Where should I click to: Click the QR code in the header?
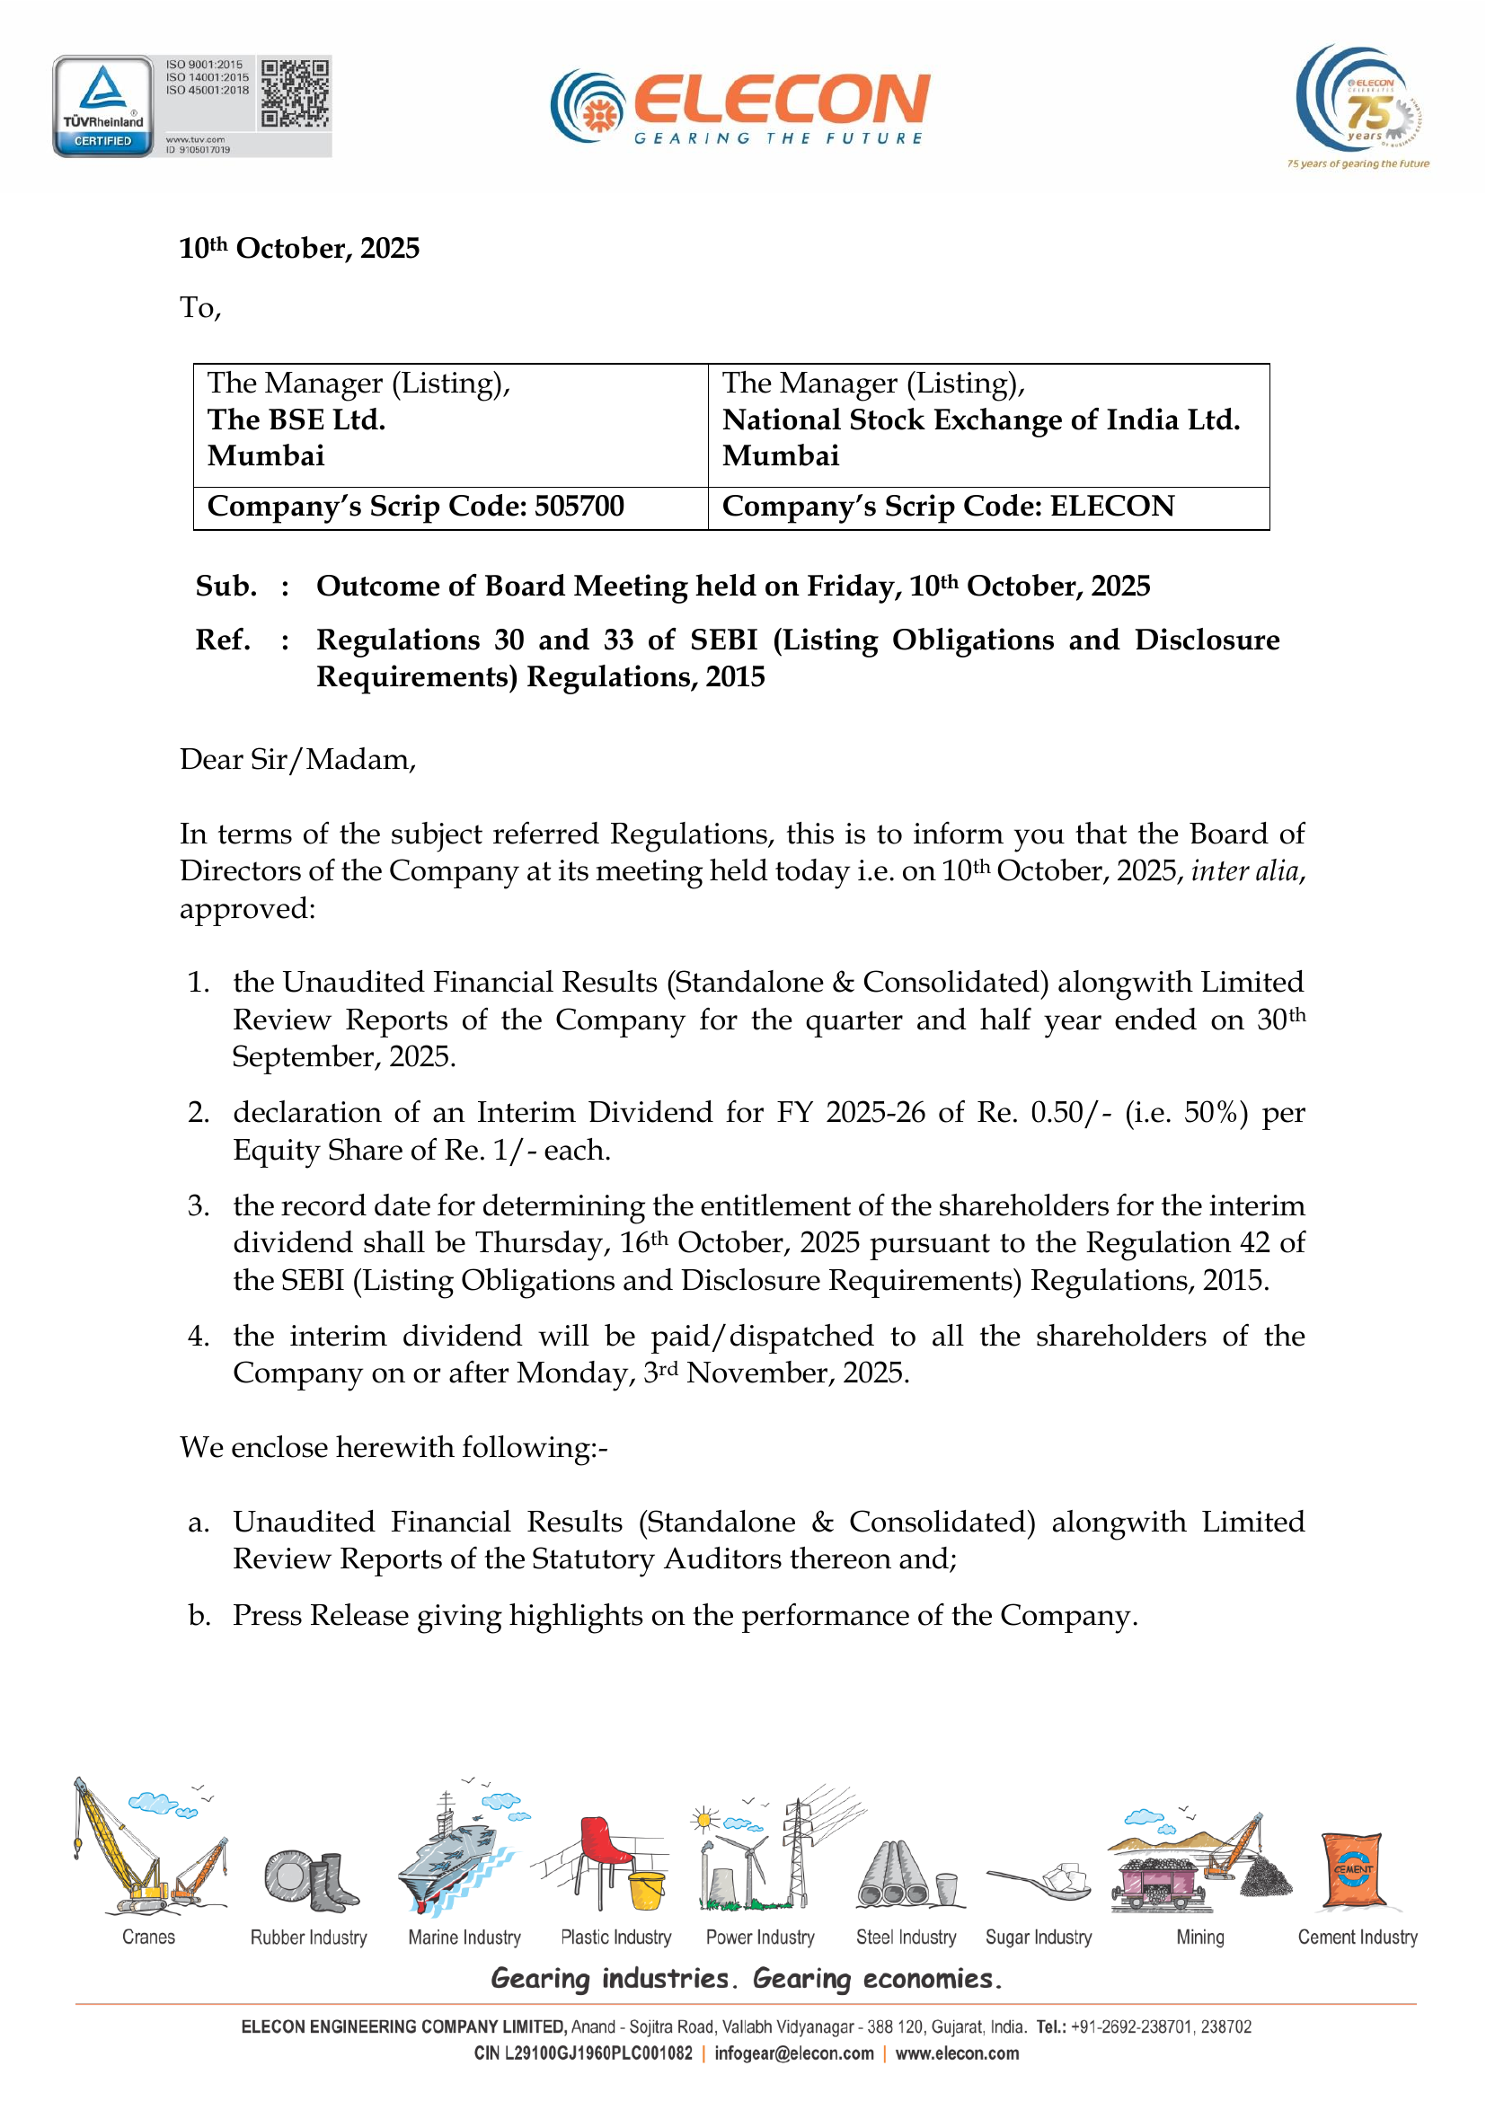point(294,93)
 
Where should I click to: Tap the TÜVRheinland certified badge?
point(103,106)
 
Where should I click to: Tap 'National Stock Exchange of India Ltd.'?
point(981,419)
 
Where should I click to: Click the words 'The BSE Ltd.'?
point(296,419)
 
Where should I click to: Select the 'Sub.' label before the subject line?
point(226,586)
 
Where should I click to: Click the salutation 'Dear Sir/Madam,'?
point(297,760)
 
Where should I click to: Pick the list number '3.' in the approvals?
point(199,1205)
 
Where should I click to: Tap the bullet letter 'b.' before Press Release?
point(199,1615)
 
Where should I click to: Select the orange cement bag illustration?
point(1353,1868)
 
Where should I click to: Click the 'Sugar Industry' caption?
point(1039,1938)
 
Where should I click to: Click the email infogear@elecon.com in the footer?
point(794,2053)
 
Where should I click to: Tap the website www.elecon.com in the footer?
point(957,2053)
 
